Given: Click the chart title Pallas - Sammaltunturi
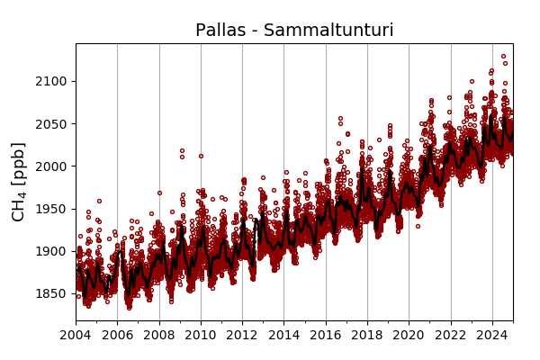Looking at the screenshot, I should (294, 31).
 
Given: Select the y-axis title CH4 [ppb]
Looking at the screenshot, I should (19, 181).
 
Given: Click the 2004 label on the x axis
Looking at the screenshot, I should (76, 336).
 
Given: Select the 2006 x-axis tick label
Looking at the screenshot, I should (117, 336).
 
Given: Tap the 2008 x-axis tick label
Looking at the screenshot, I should (159, 336).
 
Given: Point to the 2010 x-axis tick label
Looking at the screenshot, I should (201, 336).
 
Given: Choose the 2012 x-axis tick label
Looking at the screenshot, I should (242, 336).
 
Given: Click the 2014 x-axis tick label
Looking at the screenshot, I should (283, 336).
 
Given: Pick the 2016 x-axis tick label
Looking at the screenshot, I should (326, 336).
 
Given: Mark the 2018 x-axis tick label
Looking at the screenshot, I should (367, 336).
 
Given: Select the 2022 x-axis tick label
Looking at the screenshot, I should (451, 336).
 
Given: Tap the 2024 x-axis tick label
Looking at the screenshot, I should (492, 336).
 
